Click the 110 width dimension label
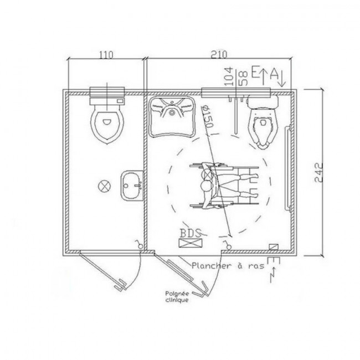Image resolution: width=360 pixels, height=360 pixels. [x=106, y=54]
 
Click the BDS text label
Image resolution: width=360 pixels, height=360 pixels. [x=190, y=232]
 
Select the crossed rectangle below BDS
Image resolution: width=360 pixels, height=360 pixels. [x=190, y=243]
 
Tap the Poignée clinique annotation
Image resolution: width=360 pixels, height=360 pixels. [x=176, y=296]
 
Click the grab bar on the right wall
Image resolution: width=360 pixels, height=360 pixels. [x=287, y=167]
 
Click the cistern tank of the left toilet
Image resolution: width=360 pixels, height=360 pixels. [x=107, y=95]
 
